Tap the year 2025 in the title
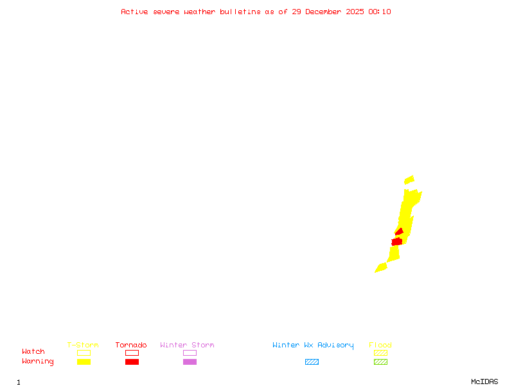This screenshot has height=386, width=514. tap(355, 12)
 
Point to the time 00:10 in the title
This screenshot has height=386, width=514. tap(380, 12)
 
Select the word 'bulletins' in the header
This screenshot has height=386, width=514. tap(241, 12)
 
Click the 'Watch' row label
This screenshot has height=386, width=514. tap(33, 352)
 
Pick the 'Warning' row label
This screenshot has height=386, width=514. tap(38, 362)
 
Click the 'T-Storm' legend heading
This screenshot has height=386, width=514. tap(83, 345)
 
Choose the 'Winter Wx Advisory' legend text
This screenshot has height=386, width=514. tap(313, 345)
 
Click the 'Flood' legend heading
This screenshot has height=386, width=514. tap(380, 345)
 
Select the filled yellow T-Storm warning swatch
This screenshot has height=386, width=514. tap(84, 362)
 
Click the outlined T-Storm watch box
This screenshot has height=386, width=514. tap(84, 353)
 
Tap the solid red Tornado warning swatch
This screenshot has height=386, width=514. tap(132, 362)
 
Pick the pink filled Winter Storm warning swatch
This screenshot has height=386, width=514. tap(190, 362)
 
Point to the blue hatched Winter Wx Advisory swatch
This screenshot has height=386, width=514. tap(312, 362)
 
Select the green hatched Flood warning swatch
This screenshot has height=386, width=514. tap(380, 362)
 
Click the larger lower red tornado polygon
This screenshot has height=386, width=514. tap(396, 242)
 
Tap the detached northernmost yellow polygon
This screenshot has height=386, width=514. tap(409, 180)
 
